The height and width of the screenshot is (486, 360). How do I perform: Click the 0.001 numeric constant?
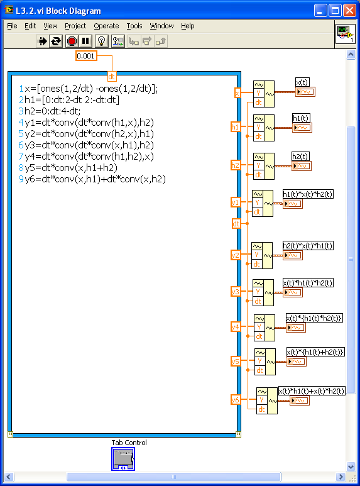click(x=86, y=56)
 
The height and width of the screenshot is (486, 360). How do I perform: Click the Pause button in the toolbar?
click(x=85, y=41)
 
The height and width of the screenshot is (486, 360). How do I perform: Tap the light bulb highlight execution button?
click(x=101, y=41)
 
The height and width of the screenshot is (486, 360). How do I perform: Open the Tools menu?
click(x=134, y=26)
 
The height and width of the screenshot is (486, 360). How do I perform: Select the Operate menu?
click(x=106, y=26)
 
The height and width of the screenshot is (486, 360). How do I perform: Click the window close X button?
click(x=350, y=11)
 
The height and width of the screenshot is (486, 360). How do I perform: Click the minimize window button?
click(x=320, y=11)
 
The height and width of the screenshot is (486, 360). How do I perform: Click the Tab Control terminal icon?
click(x=123, y=459)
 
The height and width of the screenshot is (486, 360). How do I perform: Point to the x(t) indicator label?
click(x=302, y=82)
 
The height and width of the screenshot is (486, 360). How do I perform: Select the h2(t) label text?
click(x=300, y=156)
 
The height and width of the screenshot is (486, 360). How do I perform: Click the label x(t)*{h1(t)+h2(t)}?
click(x=315, y=352)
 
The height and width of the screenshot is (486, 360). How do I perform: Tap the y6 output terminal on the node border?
click(x=236, y=399)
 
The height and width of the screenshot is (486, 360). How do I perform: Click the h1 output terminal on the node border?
click(x=236, y=127)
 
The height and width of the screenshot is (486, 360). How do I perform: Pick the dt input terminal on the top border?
click(x=112, y=76)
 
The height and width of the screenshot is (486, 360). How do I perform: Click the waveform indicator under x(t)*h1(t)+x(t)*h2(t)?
click(x=300, y=400)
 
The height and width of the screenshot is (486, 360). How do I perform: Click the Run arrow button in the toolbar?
click(x=42, y=41)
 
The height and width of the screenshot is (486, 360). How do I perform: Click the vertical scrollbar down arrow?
click(x=351, y=466)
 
